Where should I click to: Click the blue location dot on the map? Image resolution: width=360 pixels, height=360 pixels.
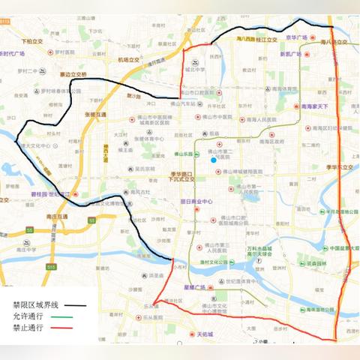click(214, 160)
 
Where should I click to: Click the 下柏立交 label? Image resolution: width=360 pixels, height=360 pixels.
click(32, 42)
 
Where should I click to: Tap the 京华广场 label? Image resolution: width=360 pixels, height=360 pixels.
click(297, 36)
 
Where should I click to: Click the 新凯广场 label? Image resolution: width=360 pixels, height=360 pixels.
click(294, 53)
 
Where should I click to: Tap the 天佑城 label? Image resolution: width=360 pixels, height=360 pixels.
click(199, 334)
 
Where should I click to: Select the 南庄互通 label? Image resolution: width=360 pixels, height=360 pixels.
click(55, 217)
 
